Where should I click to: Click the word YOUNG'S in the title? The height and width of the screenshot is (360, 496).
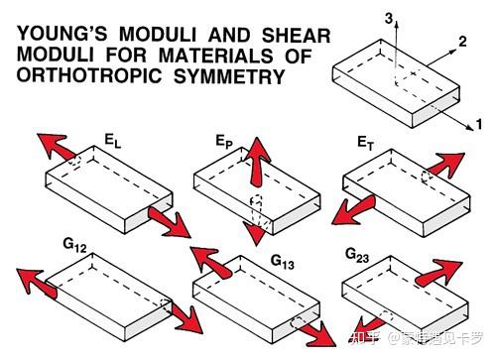tap(62, 34)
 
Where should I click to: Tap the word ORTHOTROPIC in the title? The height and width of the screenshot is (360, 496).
tap(89, 76)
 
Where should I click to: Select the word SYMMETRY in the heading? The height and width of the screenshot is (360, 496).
tap(229, 76)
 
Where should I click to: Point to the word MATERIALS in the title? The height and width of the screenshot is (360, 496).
tap(216, 56)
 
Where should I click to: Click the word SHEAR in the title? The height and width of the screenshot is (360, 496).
tap(297, 35)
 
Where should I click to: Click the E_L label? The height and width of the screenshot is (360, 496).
tap(113, 141)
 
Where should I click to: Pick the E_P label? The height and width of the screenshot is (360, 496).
tap(224, 142)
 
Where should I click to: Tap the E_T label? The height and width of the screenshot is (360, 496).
tap(366, 143)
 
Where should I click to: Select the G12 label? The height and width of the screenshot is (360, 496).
tap(74, 245)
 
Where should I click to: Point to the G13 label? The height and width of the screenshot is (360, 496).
tap(282, 262)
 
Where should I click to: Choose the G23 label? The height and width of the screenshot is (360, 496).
tap(357, 256)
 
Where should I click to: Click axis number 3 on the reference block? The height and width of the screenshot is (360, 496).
tap(389, 19)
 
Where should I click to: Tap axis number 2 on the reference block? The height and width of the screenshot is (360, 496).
tap(462, 42)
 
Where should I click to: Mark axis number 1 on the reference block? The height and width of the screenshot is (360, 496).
tap(479, 124)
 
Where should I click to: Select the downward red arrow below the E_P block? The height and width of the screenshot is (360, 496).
tap(256, 233)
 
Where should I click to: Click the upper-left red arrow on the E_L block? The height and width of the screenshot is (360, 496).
tap(56, 146)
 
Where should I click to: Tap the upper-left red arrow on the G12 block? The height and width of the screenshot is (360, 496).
tap(36, 283)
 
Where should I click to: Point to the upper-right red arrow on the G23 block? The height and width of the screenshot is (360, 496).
tap(439, 272)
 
